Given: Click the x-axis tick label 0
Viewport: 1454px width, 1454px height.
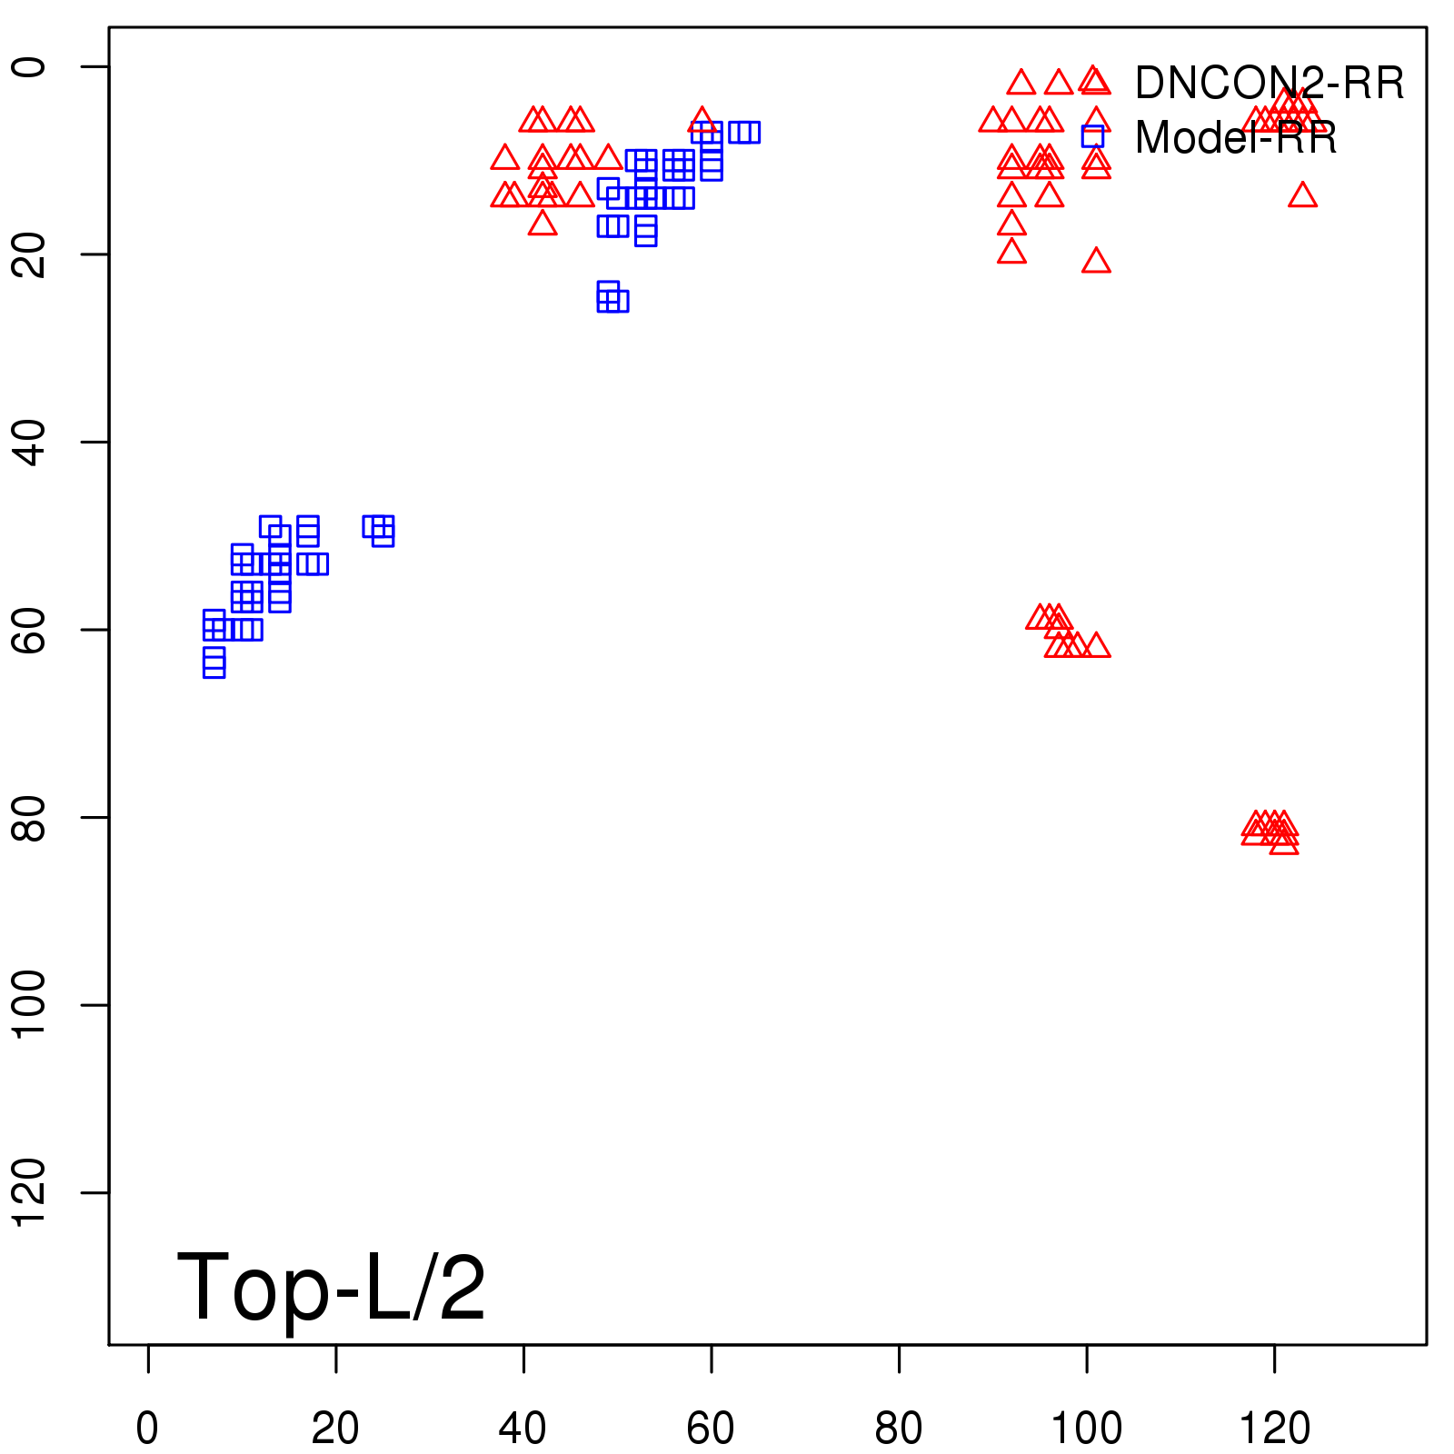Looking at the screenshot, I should (x=147, y=1429).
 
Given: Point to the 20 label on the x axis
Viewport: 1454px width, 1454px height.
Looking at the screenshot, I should (x=335, y=1429).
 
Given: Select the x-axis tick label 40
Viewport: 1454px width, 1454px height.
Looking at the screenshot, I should (x=523, y=1429).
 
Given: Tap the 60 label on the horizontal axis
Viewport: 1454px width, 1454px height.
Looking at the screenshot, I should (x=711, y=1429).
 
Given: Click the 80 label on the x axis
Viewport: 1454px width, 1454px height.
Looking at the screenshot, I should (x=899, y=1429).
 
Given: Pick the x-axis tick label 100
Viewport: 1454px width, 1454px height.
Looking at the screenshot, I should (x=1086, y=1429).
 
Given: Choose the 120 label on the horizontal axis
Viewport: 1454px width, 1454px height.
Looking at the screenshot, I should (x=1274, y=1429).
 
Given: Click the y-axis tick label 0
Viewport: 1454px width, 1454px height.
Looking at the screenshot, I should (x=29, y=67).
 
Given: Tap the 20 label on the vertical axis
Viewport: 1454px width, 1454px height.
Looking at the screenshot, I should (x=29, y=254).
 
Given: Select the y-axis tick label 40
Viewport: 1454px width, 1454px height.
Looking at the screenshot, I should (x=29, y=443).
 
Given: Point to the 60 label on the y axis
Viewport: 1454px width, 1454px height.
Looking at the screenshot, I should (x=29, y=630).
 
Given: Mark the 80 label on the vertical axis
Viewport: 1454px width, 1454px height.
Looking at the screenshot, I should (x=29, y=818).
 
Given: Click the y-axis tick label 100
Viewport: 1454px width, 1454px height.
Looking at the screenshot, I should (x=29, y=1004).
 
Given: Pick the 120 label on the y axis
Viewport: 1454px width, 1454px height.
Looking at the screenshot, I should (x=29, y=1192).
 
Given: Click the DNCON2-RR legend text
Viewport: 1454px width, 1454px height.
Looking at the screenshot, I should (x=1270, y=84).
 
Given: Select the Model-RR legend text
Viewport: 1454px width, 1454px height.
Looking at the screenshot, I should (x=1236, y=138).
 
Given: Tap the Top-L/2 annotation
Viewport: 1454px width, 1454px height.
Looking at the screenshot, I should (x=332, y=1287).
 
